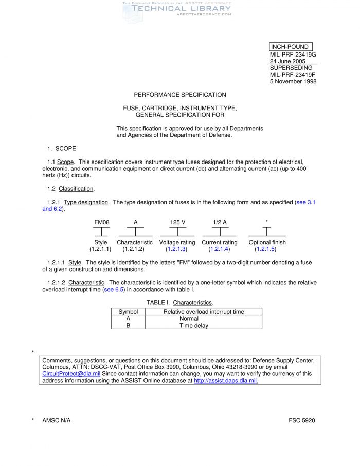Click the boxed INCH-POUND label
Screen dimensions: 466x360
(x=290, y=47)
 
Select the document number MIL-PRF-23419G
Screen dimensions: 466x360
(x=293, y=55)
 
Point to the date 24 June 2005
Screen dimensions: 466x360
(x=287, y=61)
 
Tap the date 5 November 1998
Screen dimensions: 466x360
(x=293, y=81)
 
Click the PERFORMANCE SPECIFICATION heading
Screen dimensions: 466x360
(x=180, y=95)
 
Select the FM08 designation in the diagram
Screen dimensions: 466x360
(x=101, y=222)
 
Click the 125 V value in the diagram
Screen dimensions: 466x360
(x=177, y=222)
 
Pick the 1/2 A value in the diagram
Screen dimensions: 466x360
(x=220, y=222)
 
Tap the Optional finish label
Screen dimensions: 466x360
(x=267, y=242)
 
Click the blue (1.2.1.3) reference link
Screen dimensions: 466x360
(x=177, y=249)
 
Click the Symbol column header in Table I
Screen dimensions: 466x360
(x=128, y=312)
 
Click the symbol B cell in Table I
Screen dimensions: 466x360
(x=128, y=326)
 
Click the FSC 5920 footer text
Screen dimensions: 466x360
(x=302, y=420)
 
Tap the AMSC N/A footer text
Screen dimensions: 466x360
(x=56, y=420)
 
